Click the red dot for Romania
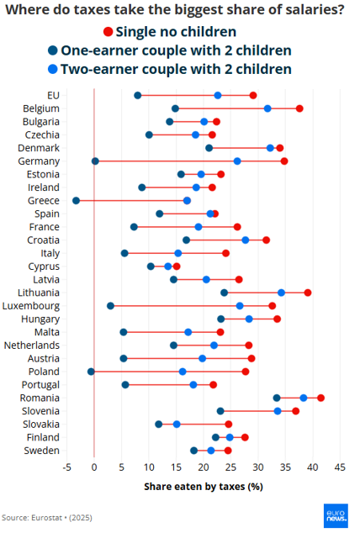pos(320,398)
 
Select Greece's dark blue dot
pos(77,201)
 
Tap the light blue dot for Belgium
pos(267,108)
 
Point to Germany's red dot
pos(284,161)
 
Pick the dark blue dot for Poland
pos(91,372)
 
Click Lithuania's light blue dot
pos(282,293)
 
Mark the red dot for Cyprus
pos(177,266)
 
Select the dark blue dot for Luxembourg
pos(110,306)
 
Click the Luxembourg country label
pos(31,306)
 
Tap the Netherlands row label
pos(32,345)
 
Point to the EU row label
pos(54,95)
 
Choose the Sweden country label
pos(41,451)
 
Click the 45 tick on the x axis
pos(340,467)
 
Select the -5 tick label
pos(67,467)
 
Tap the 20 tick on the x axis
pos(204,467)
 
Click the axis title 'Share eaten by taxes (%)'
pos(204,487)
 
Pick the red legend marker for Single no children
pos(109,32)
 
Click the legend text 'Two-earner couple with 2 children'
pos(176,69)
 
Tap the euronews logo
pos(336,515)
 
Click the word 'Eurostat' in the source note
pos(47,518)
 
